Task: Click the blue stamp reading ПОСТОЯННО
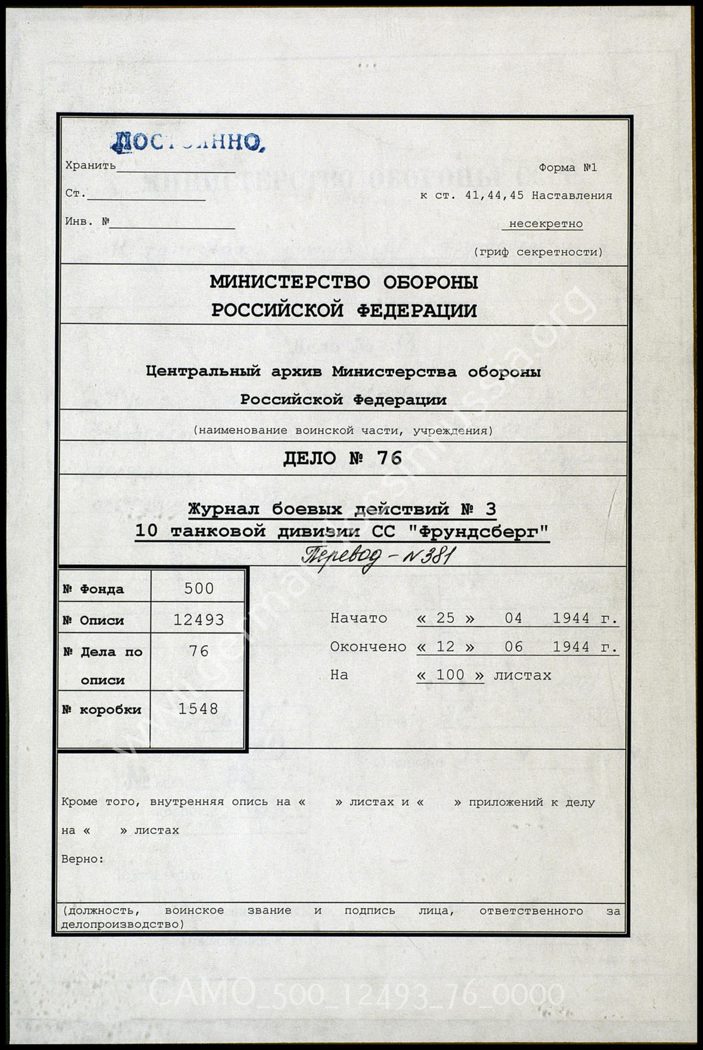(x=187, y=142)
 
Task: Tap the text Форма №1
(x=567, y=167)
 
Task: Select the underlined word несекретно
(x=545, y=224)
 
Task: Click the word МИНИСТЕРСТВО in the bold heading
(x=290, y=282)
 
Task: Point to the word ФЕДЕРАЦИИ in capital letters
(x=416, y=311)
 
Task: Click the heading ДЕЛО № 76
(x=342, y=458)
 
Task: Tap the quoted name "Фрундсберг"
(x=477, y=531)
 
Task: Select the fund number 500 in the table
(x=199, y=589)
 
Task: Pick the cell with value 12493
(x=199, y=620)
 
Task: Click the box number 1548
(x=198, y=709)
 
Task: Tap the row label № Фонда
(x=93, y=589)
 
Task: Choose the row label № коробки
(x=102, y=710)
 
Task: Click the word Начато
(x=359, y=618)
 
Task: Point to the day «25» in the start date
(x=445, y=618)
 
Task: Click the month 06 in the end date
(x=513, y=646)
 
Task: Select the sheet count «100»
(x=450, y=675)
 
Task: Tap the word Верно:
(x=83, y=859)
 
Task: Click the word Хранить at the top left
(x=90, y=165)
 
